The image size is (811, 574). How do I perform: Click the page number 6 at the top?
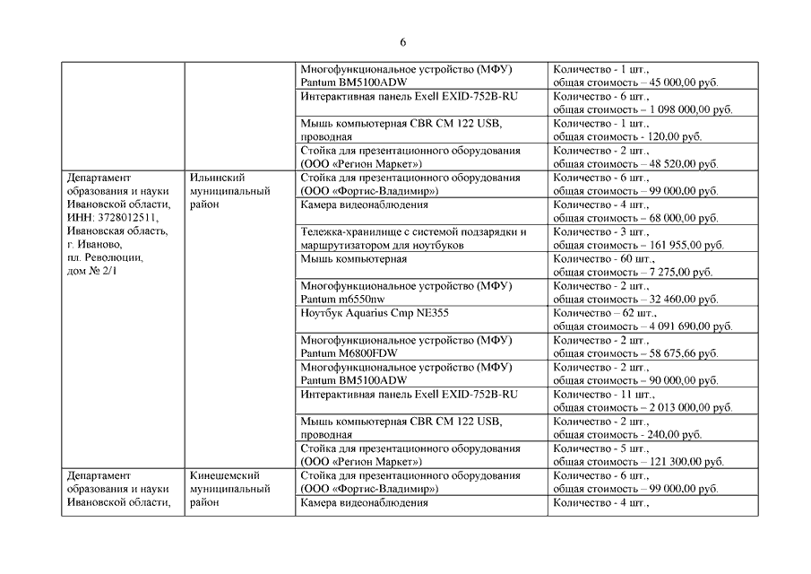(x=404, y=42)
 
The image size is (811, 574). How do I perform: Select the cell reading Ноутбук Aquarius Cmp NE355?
(x=375, y=313)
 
